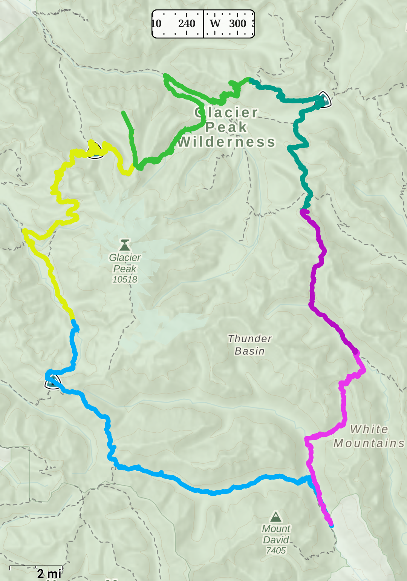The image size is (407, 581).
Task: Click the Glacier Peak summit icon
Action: [x=125, y=245]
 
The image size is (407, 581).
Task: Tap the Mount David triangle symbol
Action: [x=276, y=516]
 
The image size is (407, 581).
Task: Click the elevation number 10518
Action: [x=125, y=280]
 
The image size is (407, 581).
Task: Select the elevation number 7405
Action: [x=276, y=551]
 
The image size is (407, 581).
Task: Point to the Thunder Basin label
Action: [x=249, y=345]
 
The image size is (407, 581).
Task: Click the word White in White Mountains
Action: [x=369, y=429]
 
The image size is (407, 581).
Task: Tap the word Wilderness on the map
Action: [x=226, y=142]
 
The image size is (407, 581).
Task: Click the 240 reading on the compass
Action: [x=187, y=24]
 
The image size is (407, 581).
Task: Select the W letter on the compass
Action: [x=215, y=24]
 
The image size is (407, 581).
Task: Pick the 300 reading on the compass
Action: [x=238, y=24]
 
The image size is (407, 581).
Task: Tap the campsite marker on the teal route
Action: [x=322, y=100]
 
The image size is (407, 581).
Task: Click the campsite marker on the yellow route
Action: [x=95, y=151]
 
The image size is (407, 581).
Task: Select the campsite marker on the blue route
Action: [x=53, y=382]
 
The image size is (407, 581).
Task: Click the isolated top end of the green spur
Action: [x=123, y=112]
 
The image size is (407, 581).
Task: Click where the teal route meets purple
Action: [x=304, y=209]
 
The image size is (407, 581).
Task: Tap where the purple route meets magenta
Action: [x=355, y=352]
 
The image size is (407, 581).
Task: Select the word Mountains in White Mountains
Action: [x=369, y=443]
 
